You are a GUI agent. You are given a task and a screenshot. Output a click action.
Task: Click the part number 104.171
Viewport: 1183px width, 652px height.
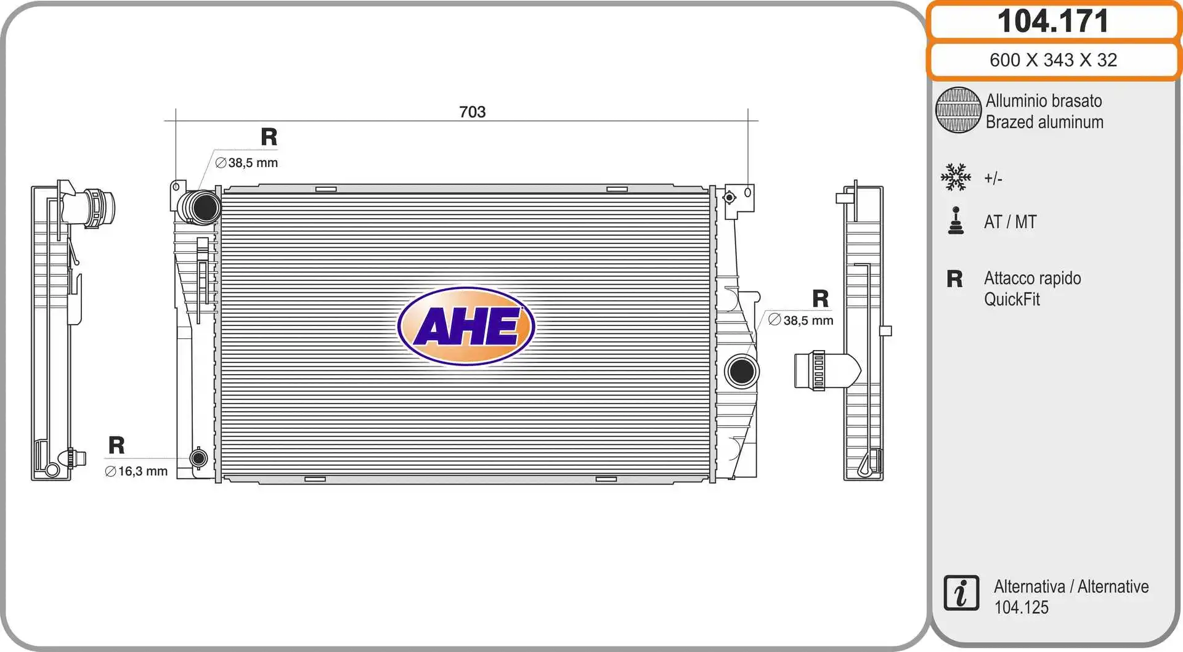point(1053,21)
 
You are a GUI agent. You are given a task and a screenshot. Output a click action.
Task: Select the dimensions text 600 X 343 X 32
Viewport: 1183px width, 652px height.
point(1053,60)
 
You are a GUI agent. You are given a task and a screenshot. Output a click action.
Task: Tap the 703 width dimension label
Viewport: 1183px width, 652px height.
point(472,112)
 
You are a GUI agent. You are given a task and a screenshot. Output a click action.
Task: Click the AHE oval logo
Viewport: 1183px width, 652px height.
point(466,326)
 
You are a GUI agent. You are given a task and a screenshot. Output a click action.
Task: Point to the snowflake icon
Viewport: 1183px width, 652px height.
point(956,177)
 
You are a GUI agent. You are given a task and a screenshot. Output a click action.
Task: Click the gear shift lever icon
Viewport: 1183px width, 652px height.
point(956,221)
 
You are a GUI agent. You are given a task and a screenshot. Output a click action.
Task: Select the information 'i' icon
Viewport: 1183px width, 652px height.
point(961,593)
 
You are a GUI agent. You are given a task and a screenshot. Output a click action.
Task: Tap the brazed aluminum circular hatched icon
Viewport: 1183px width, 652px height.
point(958,110)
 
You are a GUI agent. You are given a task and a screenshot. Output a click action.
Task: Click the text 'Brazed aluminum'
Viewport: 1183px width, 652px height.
point(1044,122)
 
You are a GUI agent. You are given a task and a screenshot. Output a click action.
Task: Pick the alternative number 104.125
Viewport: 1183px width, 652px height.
point(1021,608)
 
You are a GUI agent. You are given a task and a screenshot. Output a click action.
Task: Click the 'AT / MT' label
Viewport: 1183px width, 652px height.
point(1010,222)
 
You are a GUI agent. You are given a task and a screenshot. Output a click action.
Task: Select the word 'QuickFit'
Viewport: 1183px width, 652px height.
point(1012,300)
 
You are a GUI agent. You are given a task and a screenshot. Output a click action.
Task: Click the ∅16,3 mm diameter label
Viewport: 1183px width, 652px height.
point(136,471)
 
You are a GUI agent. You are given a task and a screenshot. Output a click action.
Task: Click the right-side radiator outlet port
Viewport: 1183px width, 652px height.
point(741,371)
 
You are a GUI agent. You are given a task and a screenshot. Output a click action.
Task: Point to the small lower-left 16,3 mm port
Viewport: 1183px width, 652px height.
point(198,458)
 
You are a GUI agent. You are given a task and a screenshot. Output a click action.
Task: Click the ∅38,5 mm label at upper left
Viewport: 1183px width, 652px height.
point(246,163)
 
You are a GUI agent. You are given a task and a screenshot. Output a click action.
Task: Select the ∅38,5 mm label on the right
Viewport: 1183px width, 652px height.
point(801,320)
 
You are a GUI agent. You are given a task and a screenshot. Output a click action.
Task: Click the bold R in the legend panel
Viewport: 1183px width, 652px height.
point(954,279)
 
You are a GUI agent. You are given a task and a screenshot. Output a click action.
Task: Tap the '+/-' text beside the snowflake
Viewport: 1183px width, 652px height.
point(993,179)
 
